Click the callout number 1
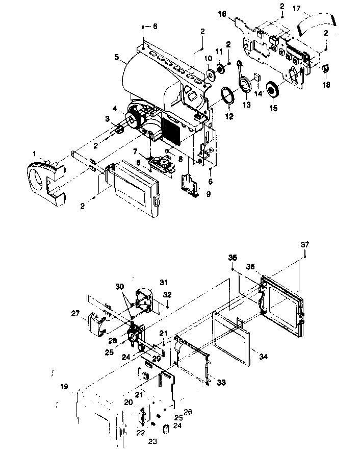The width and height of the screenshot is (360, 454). (x=35, y=154)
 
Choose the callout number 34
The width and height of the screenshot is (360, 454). (x=263, y=356)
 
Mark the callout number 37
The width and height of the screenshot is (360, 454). (x=304, y=245)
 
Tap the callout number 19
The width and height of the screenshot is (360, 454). (x=64, y=387)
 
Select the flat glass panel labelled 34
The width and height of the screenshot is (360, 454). (x=232, y=339)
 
